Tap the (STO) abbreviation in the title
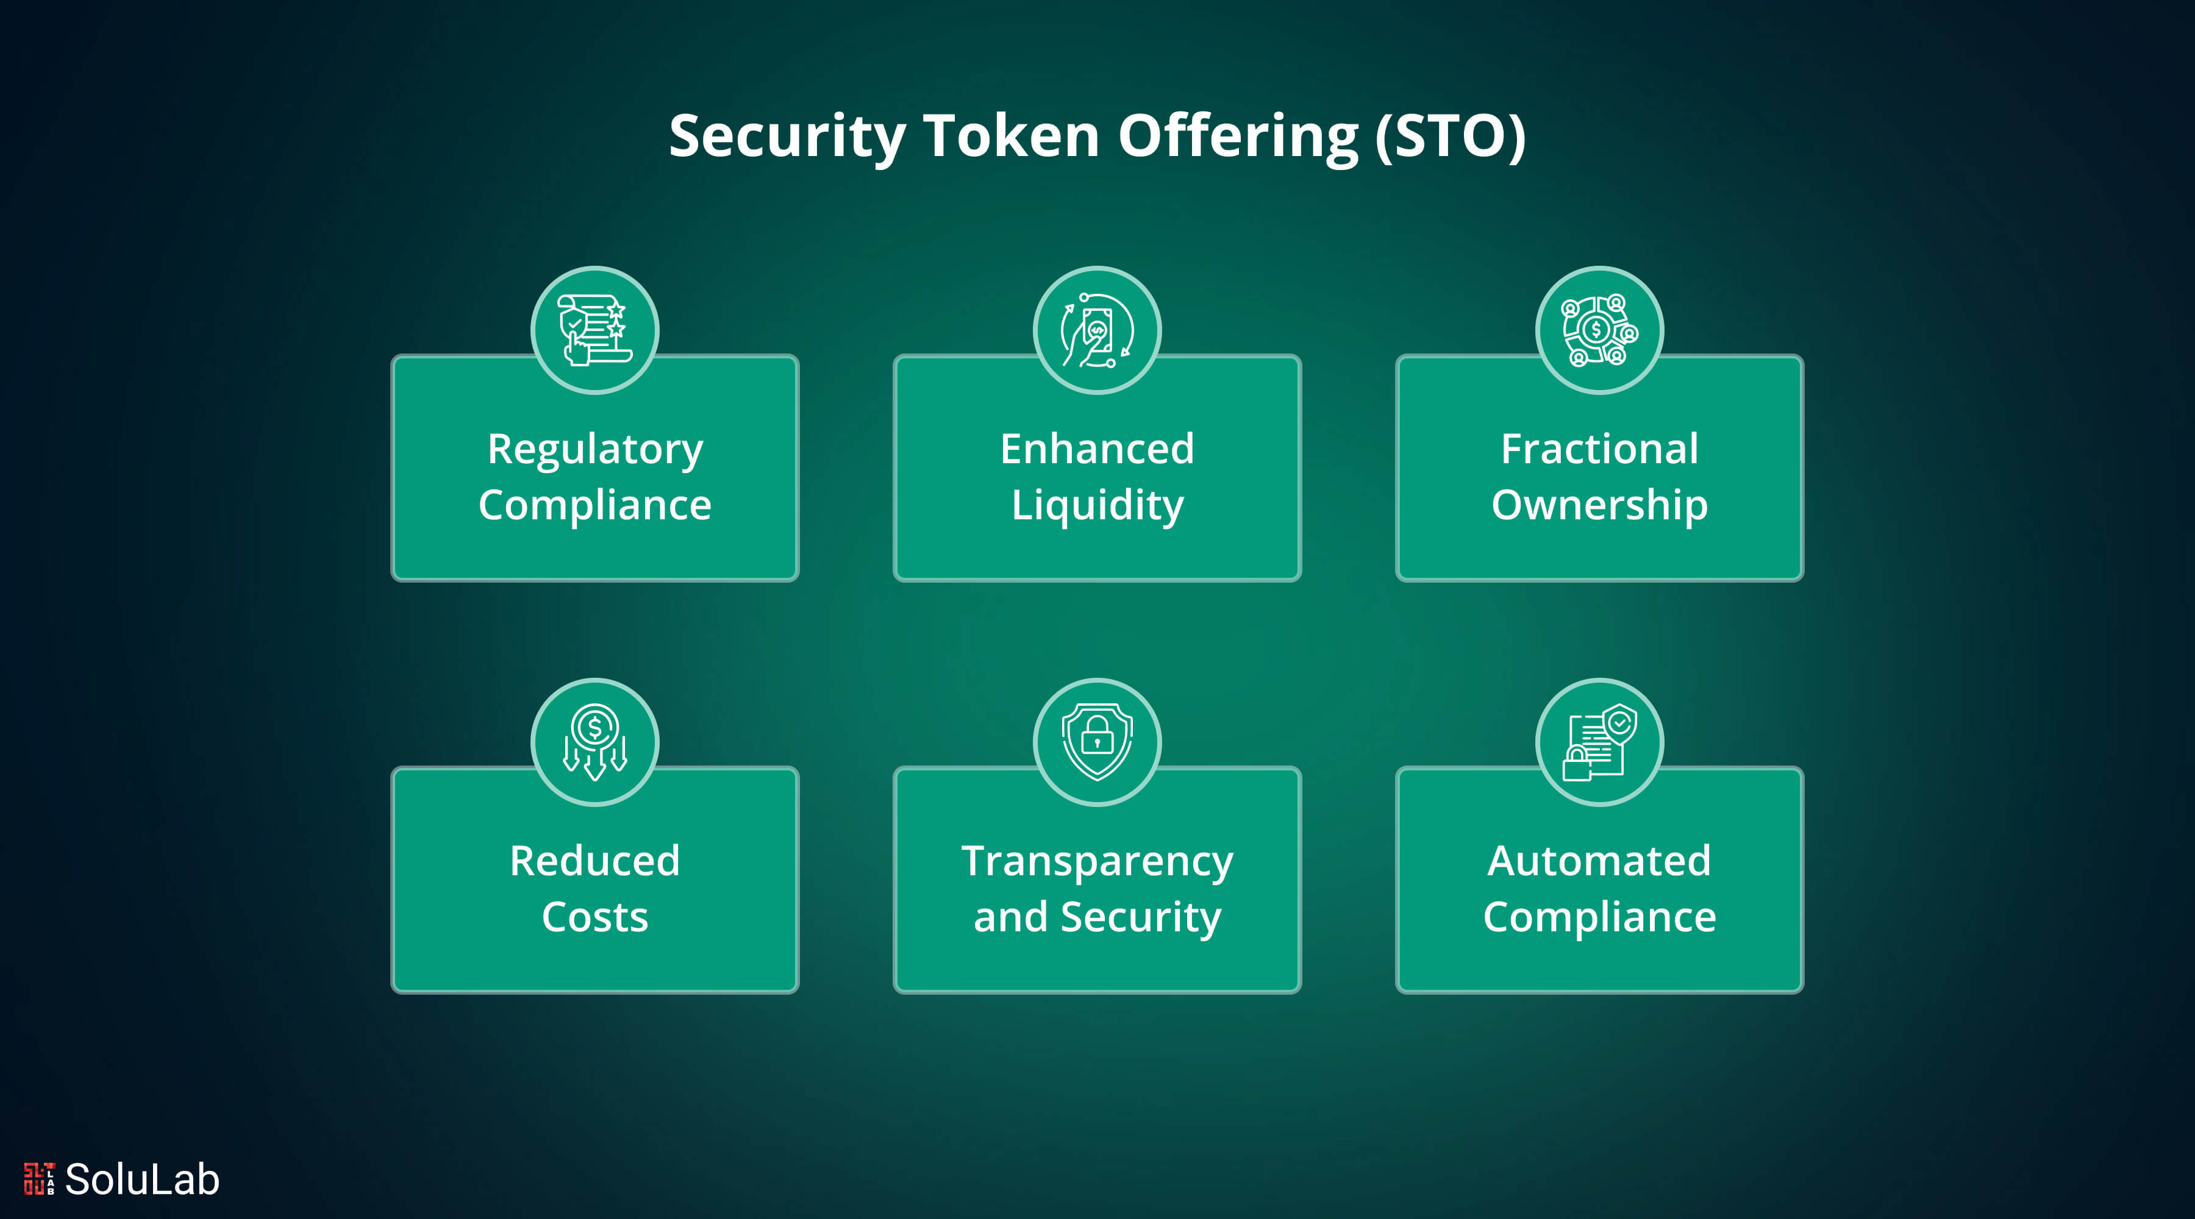pos(1451,137)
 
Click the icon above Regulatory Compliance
pos(594,330)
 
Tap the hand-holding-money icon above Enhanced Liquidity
pos(1097,330)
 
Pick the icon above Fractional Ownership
pos(1599,330)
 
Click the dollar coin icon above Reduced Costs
pos(594,742)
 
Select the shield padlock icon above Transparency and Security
pos(1097,742)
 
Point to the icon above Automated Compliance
pos(1599,742)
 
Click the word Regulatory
pos(594,450)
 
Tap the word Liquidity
pos(1097,506)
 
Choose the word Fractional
pos(1599,449)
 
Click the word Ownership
pos(1599,506)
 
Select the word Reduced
pos(594,861)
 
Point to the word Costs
pos(594,917)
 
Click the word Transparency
pos(1097,862)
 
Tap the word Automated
pos(1599,861)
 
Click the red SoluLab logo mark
pos(39,1179)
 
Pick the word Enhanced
pos(1097,449)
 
